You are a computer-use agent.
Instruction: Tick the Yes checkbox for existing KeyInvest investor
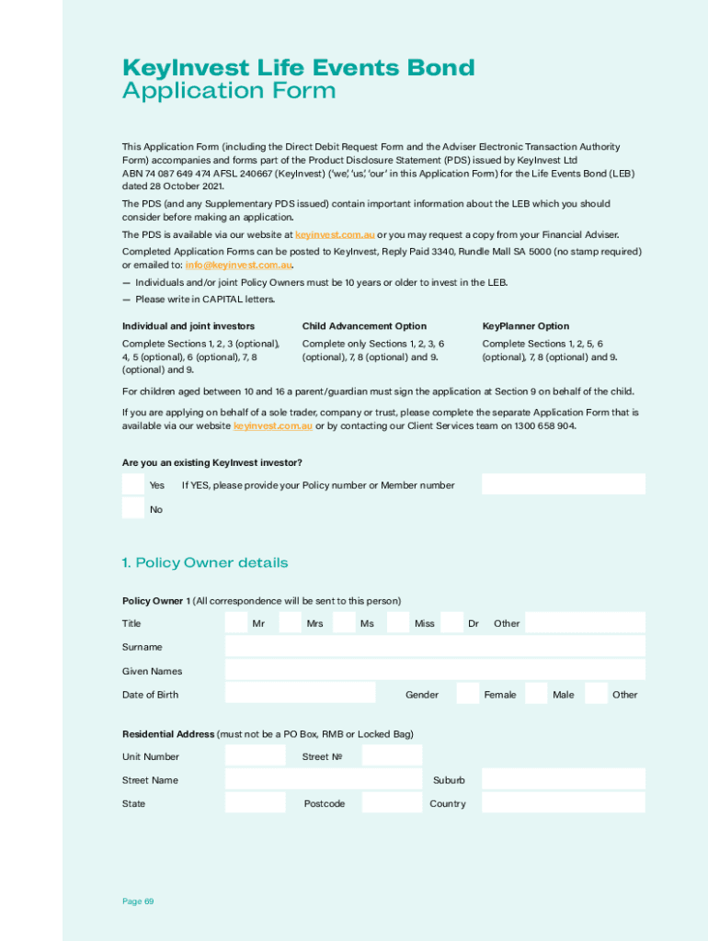[133, 484]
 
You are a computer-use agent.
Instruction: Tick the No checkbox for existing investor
[133, 508]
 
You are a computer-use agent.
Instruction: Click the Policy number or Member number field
[563, 484]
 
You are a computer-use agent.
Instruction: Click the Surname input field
[435, 646]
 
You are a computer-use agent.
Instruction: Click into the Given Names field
[435, 670]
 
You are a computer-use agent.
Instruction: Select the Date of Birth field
[300, 693]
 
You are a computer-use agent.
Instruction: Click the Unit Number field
[256, 755]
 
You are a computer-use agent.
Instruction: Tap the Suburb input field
[563, 779]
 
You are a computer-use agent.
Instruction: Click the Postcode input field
[391, 802]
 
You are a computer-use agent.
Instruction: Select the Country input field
[563, 802]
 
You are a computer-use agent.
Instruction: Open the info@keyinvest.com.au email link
[238, 266]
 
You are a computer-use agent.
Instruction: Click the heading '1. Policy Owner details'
[204, 562]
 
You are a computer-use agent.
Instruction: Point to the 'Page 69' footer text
[138, 901]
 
